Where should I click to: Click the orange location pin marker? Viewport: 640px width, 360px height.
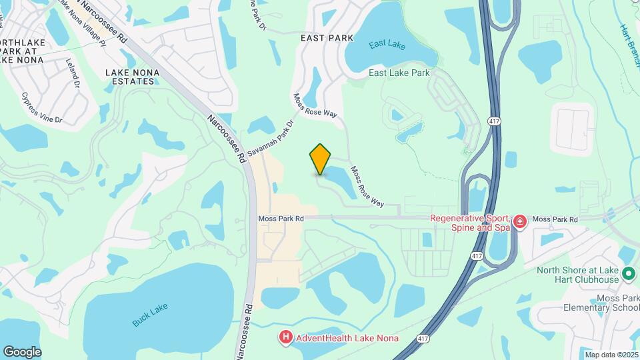coord(321,159)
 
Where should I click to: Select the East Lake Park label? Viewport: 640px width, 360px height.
coord(399,73)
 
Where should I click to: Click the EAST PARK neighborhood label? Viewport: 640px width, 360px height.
coord(327,38)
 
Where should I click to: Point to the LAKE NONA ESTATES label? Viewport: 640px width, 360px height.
coord(130,76)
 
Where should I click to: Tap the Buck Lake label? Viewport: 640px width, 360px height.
coord(150,314)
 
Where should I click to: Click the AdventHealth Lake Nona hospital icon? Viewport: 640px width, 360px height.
coord(286,338)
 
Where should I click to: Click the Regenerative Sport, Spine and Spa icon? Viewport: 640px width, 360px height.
coord(520,221)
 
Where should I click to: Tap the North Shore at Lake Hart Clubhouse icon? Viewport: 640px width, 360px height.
coord(628,274)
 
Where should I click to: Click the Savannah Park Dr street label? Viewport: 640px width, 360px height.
coord(271,139)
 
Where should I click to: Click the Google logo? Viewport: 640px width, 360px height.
coord(22,352)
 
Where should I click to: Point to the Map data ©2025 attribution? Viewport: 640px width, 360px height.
coord(611,355)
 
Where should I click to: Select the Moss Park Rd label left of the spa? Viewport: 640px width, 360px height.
coord(281,218)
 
